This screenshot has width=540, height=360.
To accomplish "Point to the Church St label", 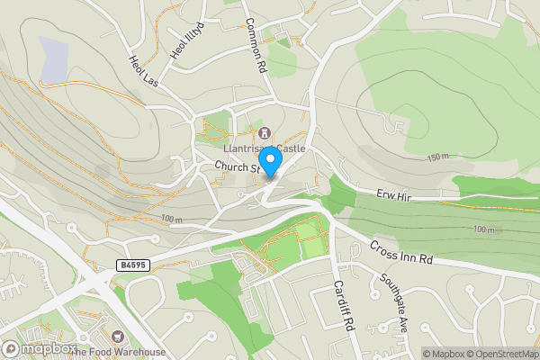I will (237, 166).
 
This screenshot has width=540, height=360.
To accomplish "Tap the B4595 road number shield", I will (131, 265).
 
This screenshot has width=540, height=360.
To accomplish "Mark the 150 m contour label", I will (437, 157).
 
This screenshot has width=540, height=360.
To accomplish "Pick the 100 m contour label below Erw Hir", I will (483, 230).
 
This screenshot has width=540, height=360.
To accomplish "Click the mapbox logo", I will (39, 348).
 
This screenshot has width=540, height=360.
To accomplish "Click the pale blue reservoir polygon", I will (53, 58).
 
